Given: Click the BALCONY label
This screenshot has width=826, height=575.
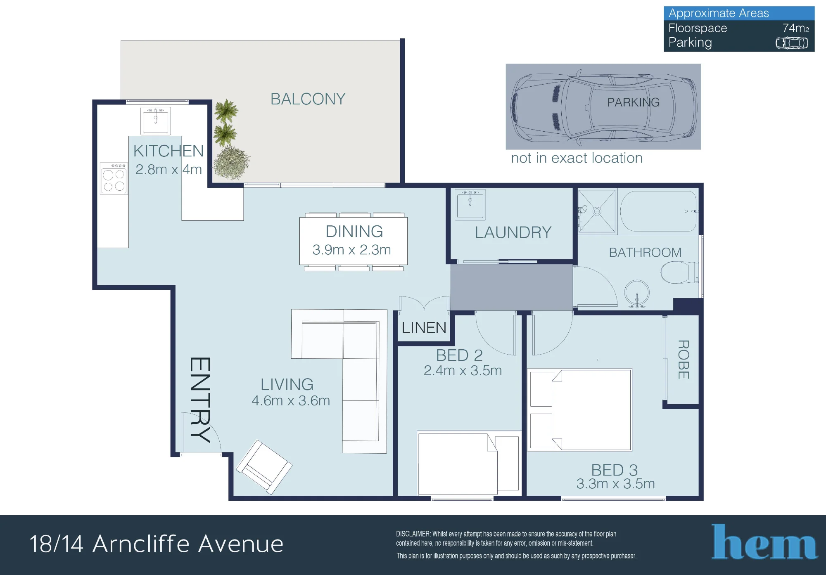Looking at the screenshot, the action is (x=308, y=99).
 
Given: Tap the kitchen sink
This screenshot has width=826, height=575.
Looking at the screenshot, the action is (x=155, y=121).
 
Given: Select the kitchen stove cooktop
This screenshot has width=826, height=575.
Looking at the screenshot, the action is (x=114, y=179).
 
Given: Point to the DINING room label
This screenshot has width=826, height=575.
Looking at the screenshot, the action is (x=354, y=232).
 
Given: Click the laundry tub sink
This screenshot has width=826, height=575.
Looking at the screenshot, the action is (x=470, y=204).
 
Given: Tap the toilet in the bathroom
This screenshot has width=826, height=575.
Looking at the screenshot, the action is (x=679, y=272).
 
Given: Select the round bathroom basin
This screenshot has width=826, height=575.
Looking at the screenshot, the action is (x=637, y=293).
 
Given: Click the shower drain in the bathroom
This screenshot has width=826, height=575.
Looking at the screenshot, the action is (x=597, y=211).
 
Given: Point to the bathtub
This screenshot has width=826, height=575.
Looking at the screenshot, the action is (x=658, y=211).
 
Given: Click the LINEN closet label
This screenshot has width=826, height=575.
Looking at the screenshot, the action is (x=424, y=328).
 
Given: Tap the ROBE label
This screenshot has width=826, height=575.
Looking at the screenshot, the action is (x=684, y=359).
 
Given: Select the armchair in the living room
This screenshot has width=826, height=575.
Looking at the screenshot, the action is (x=264, y=467).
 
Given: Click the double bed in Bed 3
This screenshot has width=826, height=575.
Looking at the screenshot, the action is (x=580, y=409).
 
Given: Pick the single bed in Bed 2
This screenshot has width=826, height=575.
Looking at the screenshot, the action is (x=468, y=463).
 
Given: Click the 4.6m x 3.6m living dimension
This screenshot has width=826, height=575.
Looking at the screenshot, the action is (x=291, y=401).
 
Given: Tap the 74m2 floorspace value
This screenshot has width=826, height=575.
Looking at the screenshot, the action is (x=795, y=28).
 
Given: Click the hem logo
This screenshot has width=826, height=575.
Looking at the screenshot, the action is (x=764, y=542).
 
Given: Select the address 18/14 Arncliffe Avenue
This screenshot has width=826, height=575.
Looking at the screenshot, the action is (x=157, y=544).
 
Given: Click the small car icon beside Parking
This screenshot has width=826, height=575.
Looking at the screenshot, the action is (x=792, y=43).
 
